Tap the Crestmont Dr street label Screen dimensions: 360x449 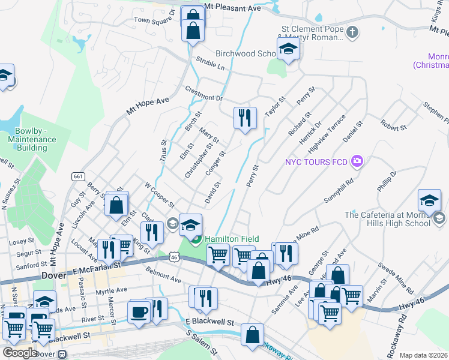pos(204,94)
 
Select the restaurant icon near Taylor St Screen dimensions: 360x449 pos(245,118)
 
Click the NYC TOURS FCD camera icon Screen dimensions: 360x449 pos(358,161)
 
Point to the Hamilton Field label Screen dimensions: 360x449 pos(232,239)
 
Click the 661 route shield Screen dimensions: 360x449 pos(77,176)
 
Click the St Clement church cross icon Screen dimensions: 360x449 pos(352,32)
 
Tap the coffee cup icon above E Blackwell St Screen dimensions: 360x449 pos(139,312)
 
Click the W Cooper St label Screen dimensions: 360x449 pos(159,192)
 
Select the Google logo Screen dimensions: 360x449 pos(19,353)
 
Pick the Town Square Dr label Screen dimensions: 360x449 pos(154,16)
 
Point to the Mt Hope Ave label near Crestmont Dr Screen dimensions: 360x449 pos(148,106)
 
